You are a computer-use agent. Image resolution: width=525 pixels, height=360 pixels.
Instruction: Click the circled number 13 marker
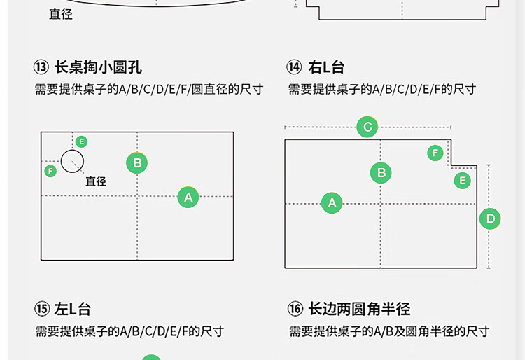click(41, 68)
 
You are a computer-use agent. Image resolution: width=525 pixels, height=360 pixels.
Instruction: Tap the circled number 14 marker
click(295, 68)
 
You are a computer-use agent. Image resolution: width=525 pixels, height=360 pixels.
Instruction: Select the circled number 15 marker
click(41, 310)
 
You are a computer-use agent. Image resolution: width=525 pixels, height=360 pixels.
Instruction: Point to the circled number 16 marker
click(295, 310)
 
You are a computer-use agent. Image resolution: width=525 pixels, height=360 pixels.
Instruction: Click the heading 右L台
click(325, 68)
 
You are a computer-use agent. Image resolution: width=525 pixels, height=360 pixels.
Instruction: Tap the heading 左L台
click(72, 310)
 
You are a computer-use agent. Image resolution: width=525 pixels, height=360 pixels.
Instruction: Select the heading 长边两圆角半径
click(358, 310)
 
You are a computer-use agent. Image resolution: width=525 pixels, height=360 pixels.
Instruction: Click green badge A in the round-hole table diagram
click(188, 198)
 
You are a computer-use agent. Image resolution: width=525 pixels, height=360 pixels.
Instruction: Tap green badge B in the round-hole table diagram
click(137, 163)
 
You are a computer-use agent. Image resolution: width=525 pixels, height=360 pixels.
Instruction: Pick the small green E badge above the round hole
click(82, 141)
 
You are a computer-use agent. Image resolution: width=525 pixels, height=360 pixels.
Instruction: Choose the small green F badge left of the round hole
click(50, 171)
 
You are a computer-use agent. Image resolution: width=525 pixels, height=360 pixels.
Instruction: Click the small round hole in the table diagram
click(72, 161)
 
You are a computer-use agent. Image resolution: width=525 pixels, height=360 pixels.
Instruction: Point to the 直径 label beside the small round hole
click(96, 181)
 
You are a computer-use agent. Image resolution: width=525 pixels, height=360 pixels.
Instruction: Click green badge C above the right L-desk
click(367, 127)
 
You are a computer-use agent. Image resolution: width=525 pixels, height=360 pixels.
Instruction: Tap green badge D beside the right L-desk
click(490, 219)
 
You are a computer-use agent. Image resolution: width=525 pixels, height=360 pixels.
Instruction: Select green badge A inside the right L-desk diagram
click(332, 203)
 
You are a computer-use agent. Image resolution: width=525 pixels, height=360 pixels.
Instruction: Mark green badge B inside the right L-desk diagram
click(381, 172)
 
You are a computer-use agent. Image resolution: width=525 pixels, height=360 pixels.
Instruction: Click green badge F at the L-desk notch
click(435, 153)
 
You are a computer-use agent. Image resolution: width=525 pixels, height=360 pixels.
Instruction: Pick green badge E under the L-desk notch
click(462, 181)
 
